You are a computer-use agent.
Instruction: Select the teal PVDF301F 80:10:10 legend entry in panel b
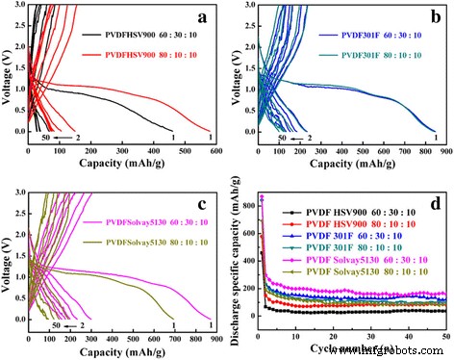(378, 54)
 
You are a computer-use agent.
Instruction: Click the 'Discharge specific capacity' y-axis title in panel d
(236, 260)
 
